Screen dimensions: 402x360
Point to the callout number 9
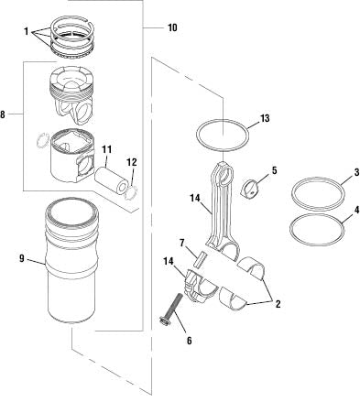pos(19,259)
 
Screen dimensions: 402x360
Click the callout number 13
pos(264,118)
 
